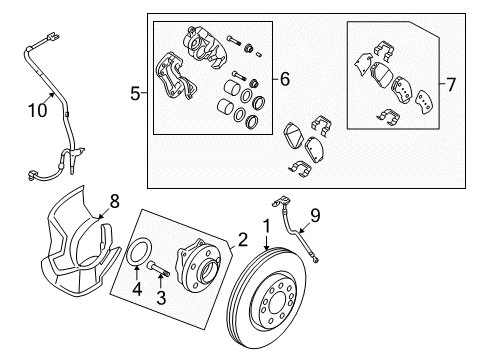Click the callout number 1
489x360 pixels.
[x=267, y=227]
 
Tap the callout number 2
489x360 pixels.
[x=242, y=240]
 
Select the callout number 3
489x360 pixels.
[x=161, y=297]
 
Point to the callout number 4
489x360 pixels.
[x=137, y=289]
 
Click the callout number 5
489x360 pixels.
[x=135, y=93]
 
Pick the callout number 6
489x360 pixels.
[x=285, y=79]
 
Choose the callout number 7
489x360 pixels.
[x=451, y=85]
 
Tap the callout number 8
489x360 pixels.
[x=114, y=201]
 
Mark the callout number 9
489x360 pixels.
[x=315, y=215]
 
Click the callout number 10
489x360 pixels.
[x=37, y=110]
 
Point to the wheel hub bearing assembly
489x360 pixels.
[x=198, y=264]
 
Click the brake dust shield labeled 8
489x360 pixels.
[x=80, y=242]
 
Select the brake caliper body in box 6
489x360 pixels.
[x=204, y=47]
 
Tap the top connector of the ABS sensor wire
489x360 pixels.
[x=52, y=37]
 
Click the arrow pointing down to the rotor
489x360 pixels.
[x=266, y=243]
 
